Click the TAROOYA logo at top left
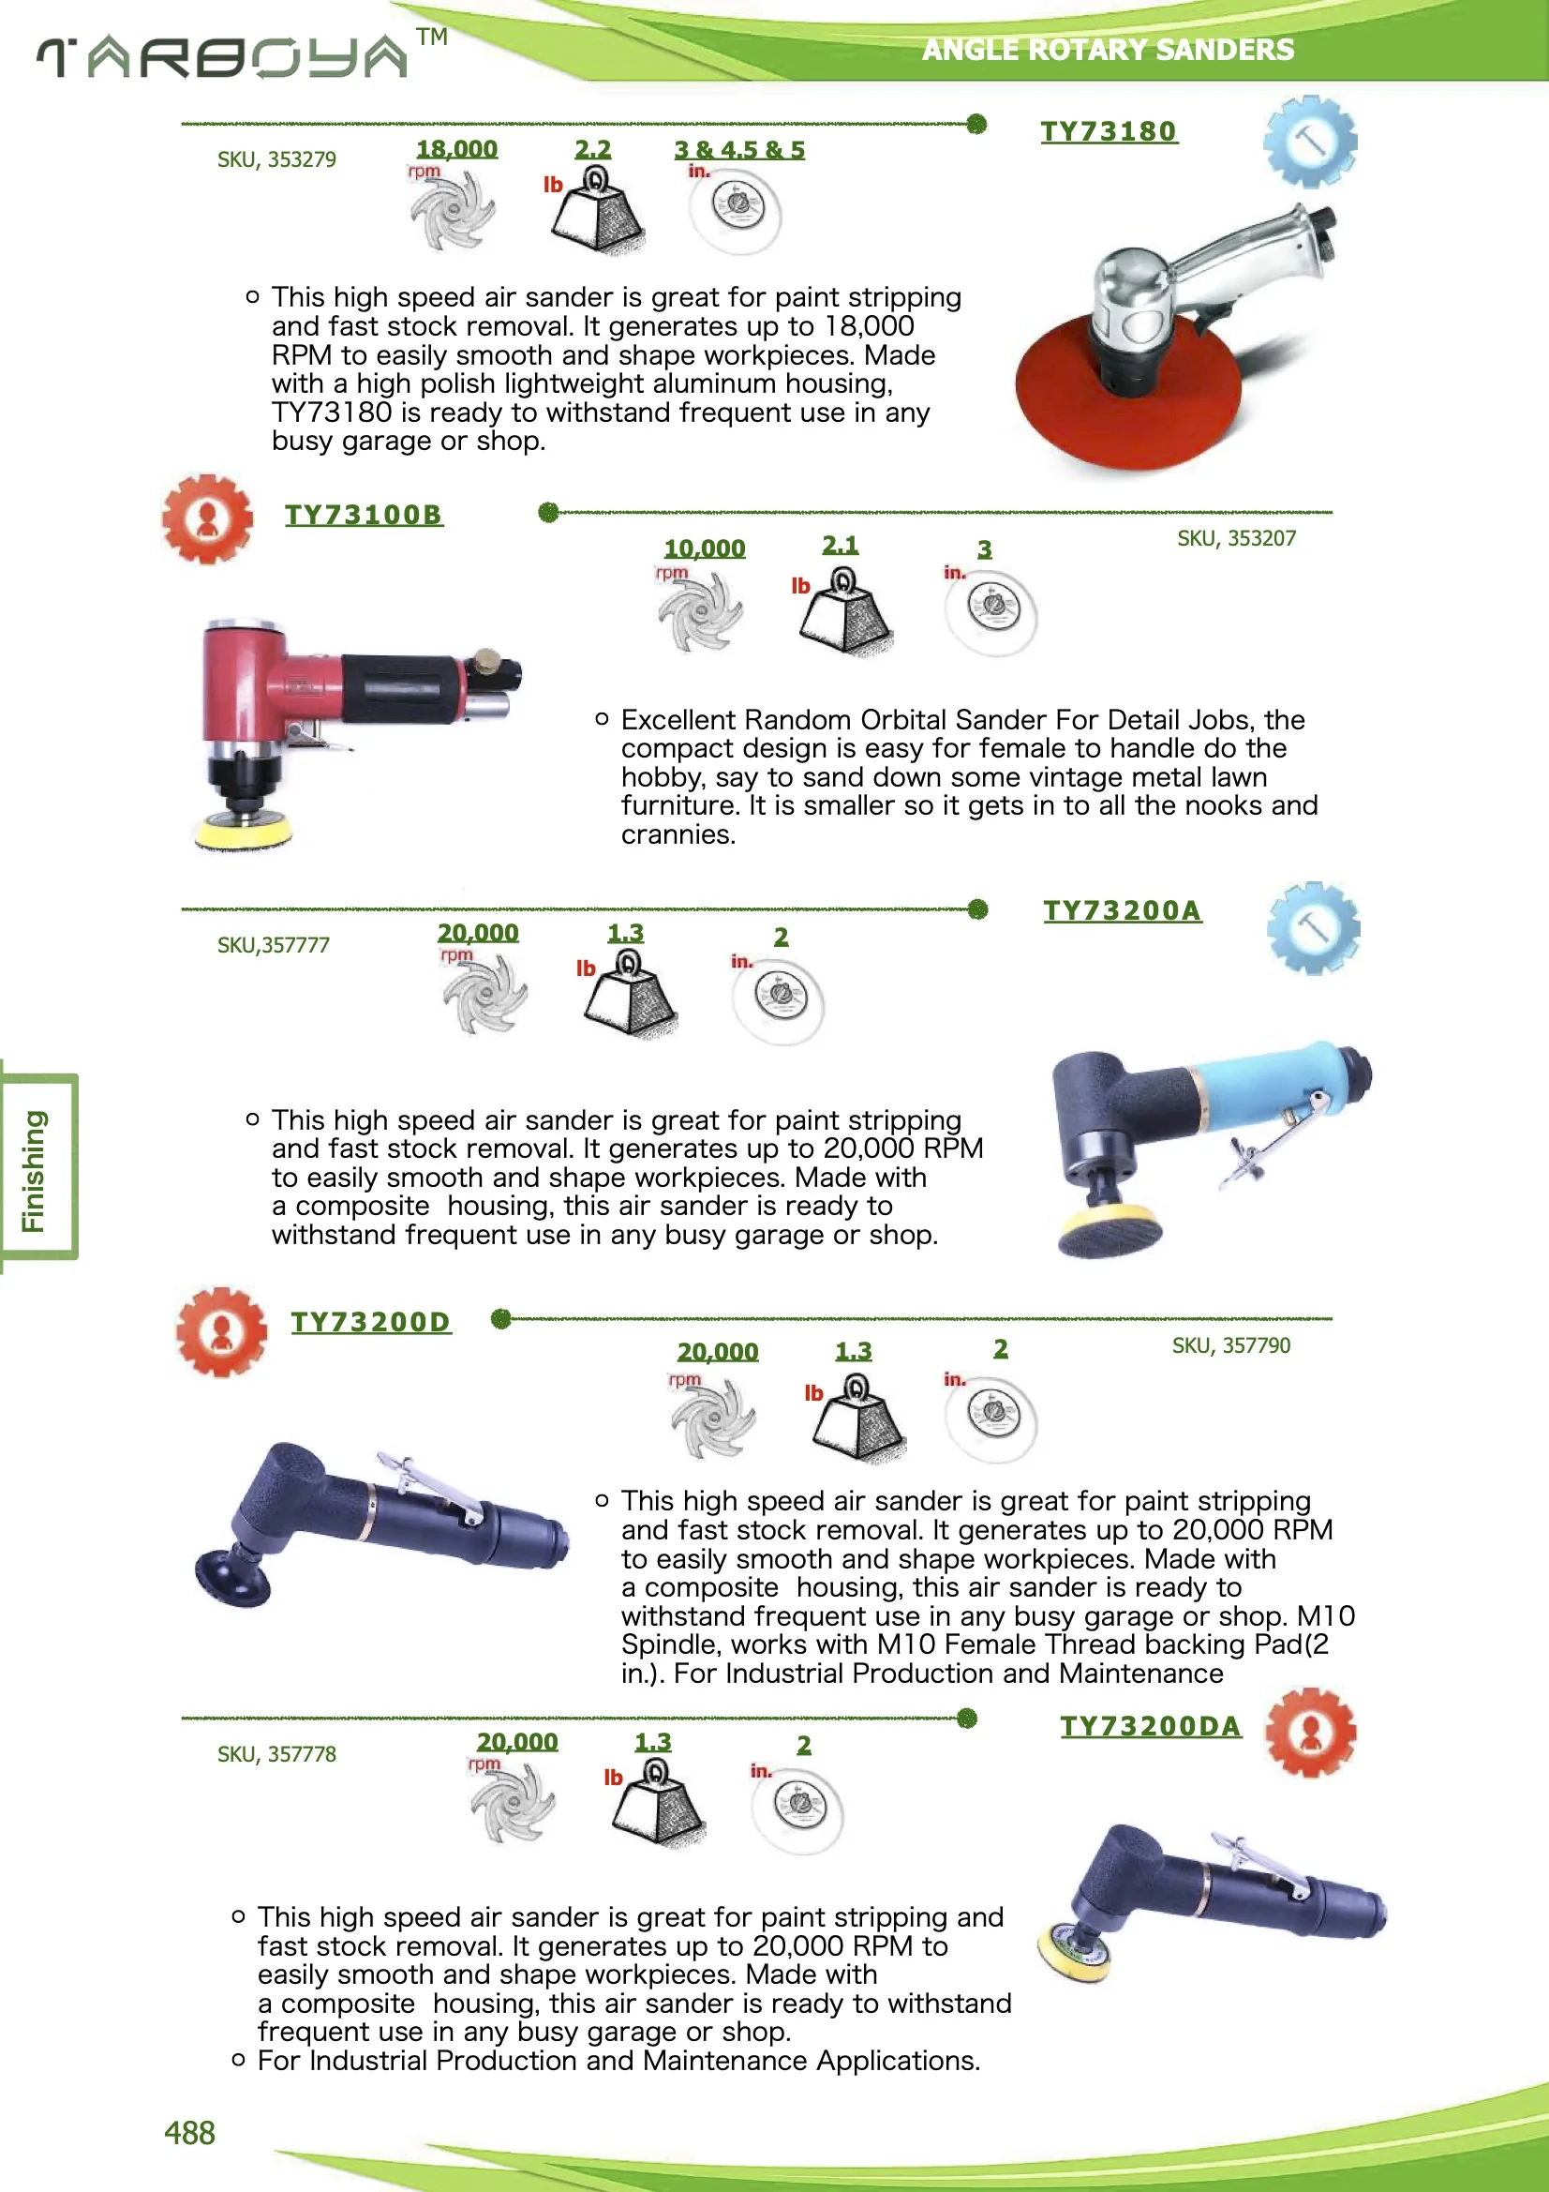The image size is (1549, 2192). point(223,57)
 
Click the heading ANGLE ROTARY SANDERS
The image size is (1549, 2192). point(1107,50)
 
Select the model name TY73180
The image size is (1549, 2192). point(1108,132)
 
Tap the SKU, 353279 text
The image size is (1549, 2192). point(276,159)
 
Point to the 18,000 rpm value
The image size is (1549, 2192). point(456,149)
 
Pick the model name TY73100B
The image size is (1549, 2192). point(364,516)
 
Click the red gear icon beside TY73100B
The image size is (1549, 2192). point(207,519)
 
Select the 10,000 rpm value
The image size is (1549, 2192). point(705,549)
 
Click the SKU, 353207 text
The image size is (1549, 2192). point(1236,538)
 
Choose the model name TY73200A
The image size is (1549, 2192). point(1122,910)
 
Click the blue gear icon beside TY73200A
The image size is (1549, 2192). point(1313,928)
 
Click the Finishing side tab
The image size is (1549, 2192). point(37,1168)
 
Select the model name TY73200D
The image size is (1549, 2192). point(370,1322)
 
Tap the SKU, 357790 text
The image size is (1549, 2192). point(1230,1345)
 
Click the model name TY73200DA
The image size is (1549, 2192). point(1150,1726)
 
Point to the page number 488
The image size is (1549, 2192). point(189,2132)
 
